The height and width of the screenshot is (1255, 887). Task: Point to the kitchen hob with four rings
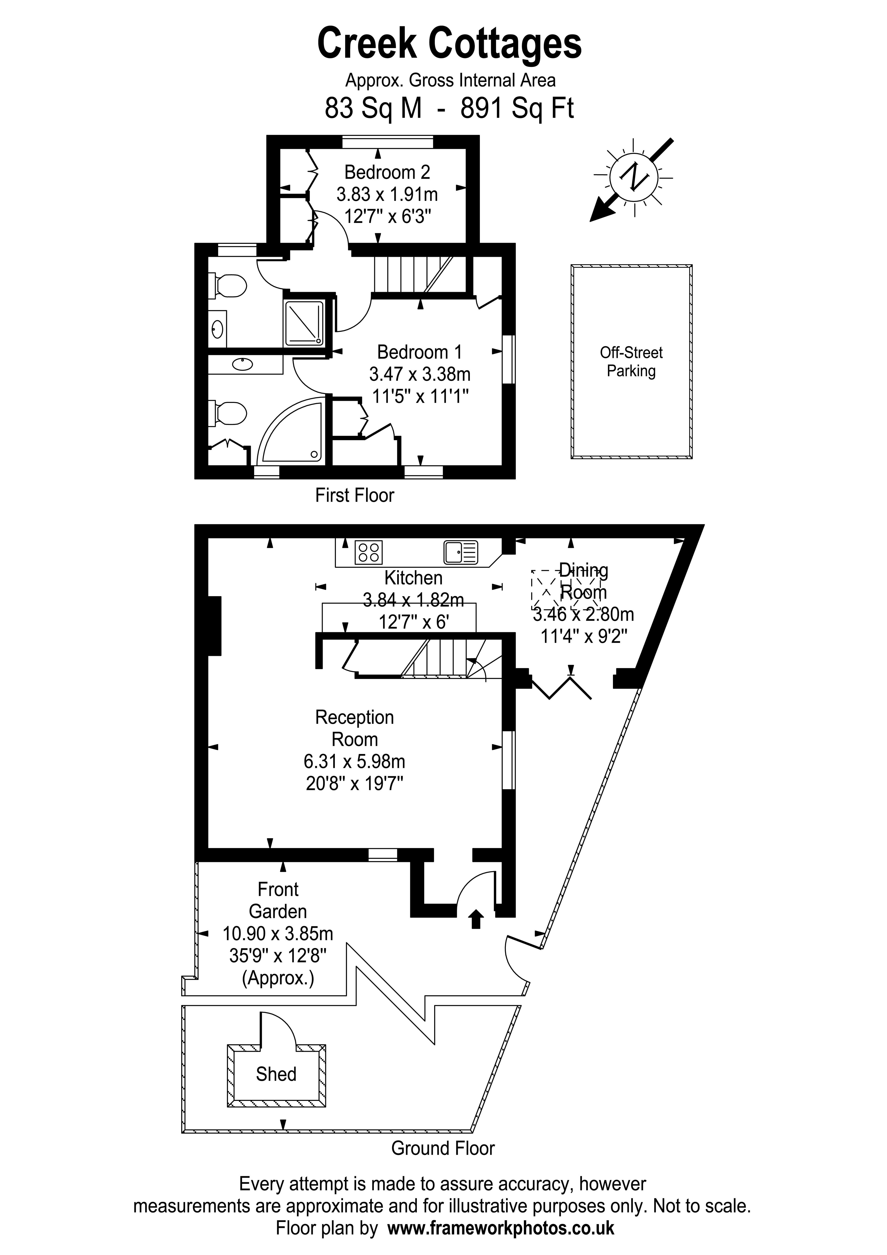tap(368, 552)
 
